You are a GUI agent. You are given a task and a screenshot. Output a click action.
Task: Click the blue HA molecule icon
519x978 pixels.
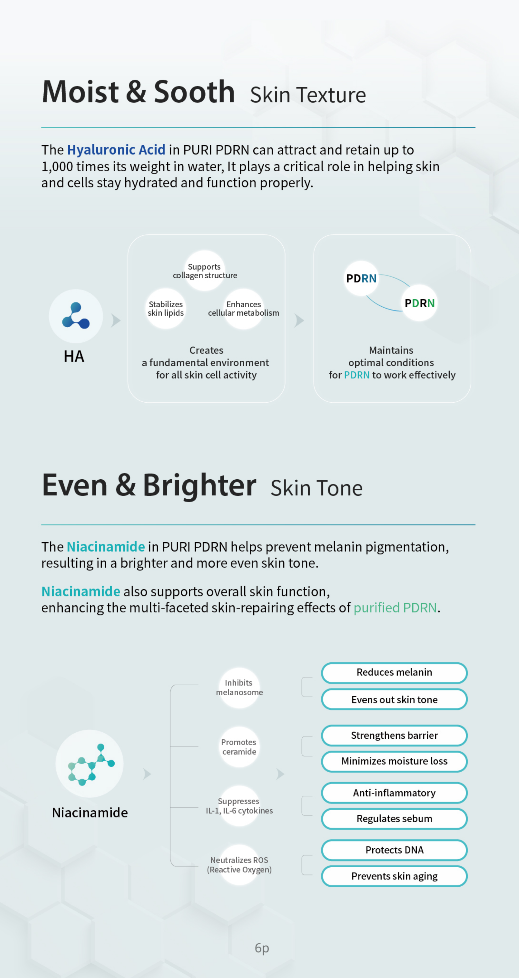(76, 316)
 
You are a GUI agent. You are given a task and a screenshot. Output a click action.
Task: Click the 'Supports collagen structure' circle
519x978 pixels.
(205, 271)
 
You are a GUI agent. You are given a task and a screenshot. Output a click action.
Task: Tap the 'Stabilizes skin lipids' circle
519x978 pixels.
(166, 309)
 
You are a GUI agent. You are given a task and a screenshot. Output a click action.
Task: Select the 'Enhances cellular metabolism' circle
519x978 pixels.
(244, 309)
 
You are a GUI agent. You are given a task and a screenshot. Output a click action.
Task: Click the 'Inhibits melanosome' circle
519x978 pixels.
(239, 688)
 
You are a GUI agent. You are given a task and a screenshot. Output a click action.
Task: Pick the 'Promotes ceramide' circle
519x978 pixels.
(239, 747)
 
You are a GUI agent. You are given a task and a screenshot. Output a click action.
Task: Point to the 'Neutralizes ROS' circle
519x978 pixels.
(239, 865)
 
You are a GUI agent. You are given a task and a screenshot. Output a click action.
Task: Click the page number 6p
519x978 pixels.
(262, 948)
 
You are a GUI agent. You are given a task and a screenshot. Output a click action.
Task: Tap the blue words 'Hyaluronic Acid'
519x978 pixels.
(116, 150)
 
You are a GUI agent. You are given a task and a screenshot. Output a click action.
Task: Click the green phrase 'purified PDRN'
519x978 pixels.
(395, 608)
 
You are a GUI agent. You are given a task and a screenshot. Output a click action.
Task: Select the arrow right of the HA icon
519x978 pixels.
(116, 320)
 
